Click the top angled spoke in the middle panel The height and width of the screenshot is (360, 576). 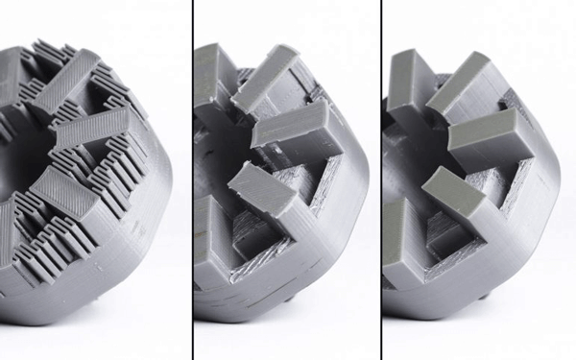point(265,77)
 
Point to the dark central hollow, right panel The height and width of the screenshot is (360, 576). point(422,144)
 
